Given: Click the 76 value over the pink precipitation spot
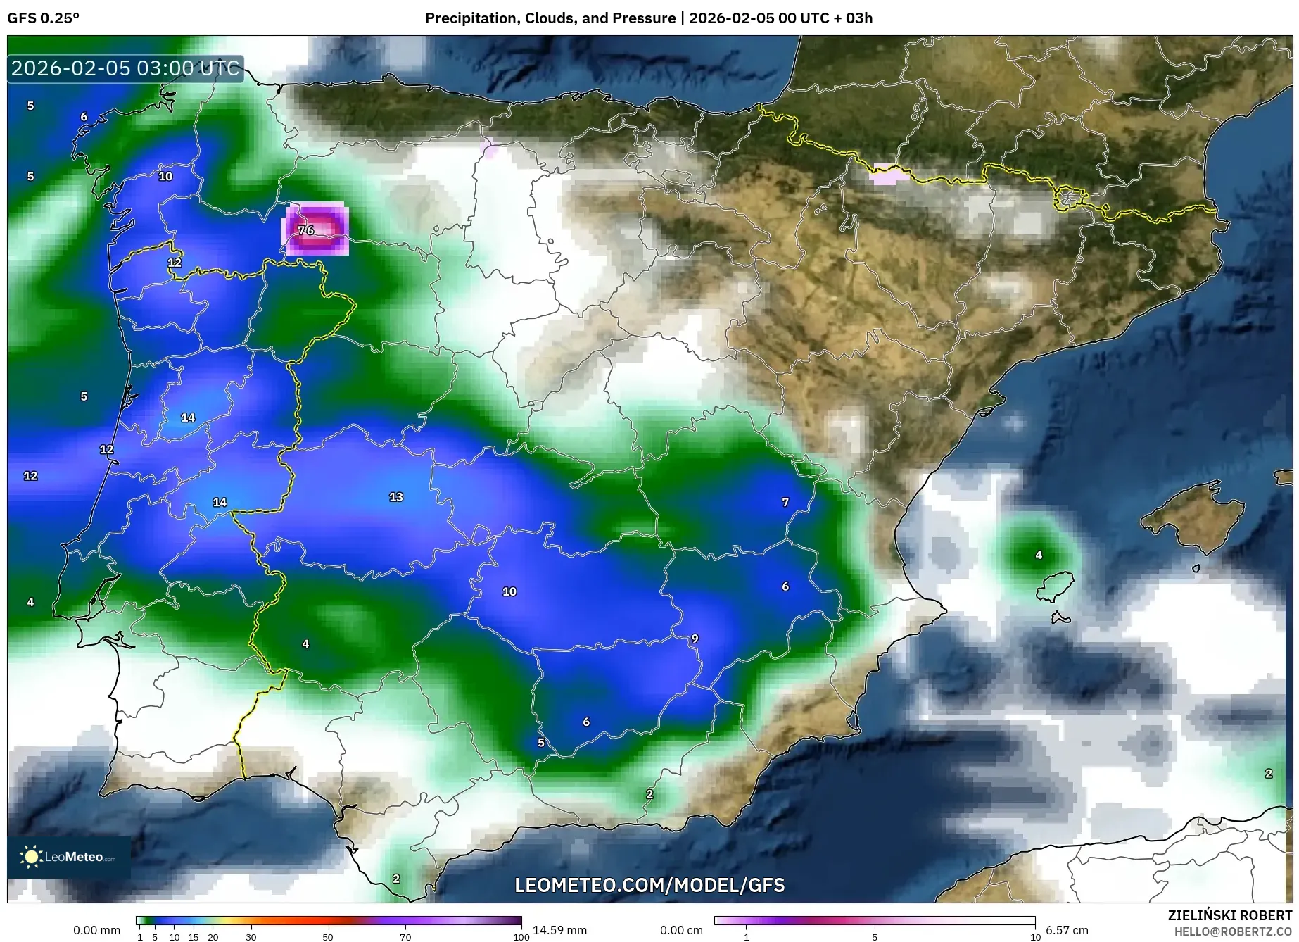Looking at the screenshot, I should tap(305, 230).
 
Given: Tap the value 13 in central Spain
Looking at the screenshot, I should tap(396, 497).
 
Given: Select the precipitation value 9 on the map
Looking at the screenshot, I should tap(695, 639).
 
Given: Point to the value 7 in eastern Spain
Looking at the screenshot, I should tap(785, 502).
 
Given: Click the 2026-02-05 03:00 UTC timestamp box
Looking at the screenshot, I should tap(125, 68).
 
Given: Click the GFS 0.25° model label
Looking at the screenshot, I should tap(44, 18).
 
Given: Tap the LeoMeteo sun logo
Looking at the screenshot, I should tap(31, 857).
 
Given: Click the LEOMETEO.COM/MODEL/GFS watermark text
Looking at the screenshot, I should tap(649, 885).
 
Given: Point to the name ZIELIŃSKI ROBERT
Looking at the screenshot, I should tap(1230, 916).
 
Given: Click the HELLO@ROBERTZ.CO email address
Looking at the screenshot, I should tap(1233, 931).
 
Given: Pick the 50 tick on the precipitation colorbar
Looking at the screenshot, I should tap(328, 937).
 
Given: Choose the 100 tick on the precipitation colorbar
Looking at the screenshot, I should tap(521, 937).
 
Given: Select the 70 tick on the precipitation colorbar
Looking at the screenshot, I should tap(405, 937).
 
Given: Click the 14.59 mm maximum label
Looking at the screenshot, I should tap(559, 930).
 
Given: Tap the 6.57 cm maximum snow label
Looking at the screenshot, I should tap(1067, 930).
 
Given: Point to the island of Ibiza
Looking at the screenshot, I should tap(1056, 586).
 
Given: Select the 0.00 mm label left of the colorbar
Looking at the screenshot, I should tap(96, 930).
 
